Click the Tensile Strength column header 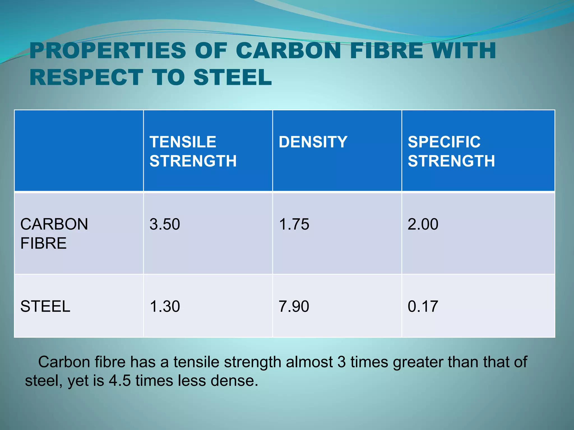[x=193, y=151]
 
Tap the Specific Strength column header [x=451, y=151]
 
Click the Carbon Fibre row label [x=54, y=233]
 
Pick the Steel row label [x=45, y=306]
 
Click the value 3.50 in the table [x=165, y=224]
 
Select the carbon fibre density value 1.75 [x=294, y=224]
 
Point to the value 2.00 [x=423, y=224]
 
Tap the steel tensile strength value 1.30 [x=165, y=306]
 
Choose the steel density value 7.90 [x=294, y=306]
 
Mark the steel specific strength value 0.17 [x=423, y=306]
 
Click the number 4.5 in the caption [x=120, y=380]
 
